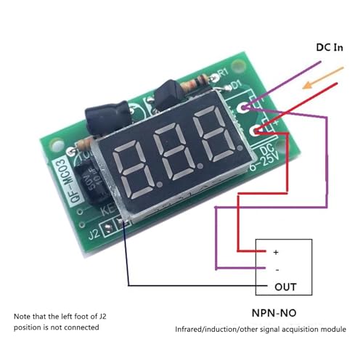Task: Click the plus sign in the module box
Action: [x=276, y=252]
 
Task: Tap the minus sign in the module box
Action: [x=276, y=269]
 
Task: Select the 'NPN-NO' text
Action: [x=283, y=316]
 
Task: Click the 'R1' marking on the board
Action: [x=223, y=73]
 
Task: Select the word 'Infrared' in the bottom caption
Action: [x=192, y=331]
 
